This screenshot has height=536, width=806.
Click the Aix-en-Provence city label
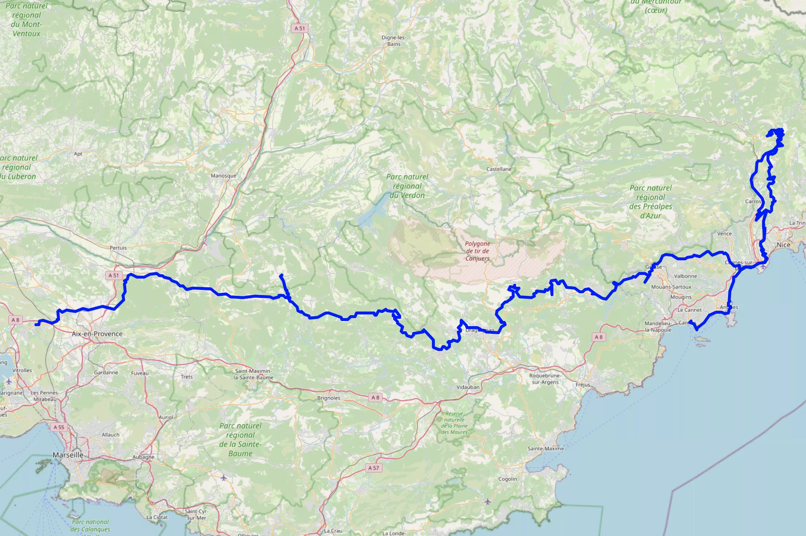point(97,334)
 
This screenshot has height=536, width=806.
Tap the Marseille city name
point(68,455)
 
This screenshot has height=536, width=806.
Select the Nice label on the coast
point(783,245)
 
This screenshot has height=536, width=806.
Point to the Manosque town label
point(224,176)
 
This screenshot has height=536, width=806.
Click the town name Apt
point(78,154)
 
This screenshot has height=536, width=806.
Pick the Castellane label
point(499,169)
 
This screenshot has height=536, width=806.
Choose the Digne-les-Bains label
point(394,41)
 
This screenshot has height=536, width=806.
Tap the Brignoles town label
point(329,398)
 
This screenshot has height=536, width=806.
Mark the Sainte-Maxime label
point(546,449)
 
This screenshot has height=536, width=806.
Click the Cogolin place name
point(508,479)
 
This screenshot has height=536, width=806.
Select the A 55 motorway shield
point(59,427)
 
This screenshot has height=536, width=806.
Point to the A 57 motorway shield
point(374,468)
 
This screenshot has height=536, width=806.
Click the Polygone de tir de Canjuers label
point(477,251)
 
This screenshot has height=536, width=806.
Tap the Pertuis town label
point(118,248)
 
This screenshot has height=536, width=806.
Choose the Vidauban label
point(468,387)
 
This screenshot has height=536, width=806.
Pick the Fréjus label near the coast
point(583,385)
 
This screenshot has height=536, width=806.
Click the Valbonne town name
point(686,276)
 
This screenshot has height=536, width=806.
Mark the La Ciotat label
point(157,517)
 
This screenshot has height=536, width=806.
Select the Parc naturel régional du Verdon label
point(407,186)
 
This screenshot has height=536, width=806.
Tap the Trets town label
point(187,377)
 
